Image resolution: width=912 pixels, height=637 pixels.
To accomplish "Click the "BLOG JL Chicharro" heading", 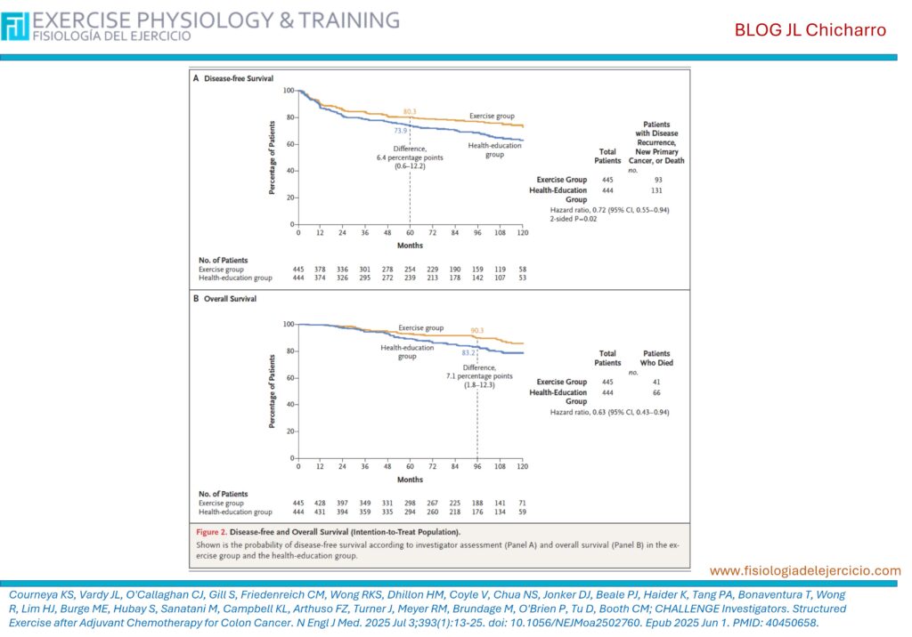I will (x=810, y=30).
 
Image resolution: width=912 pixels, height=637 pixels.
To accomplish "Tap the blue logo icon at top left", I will (x=15, y=27).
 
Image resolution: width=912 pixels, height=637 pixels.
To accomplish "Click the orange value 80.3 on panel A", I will (x=410, y=111).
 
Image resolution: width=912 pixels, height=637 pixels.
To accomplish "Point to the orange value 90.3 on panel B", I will (x=476, y=331).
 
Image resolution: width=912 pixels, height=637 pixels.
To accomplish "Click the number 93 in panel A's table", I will (x=657, y=180).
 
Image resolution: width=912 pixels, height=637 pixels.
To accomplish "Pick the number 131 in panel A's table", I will (x=657, y=190).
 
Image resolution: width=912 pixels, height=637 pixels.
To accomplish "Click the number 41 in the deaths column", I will (x=657, y=382).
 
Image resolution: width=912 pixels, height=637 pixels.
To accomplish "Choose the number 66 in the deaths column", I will (x=657, y=392).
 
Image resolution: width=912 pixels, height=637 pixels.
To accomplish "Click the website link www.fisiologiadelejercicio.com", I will (x=805, y=570).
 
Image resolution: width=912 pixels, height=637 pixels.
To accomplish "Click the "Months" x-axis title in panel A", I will (x=410, y=245).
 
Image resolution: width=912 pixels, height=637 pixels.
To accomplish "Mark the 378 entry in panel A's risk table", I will (x=321, y=269).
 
